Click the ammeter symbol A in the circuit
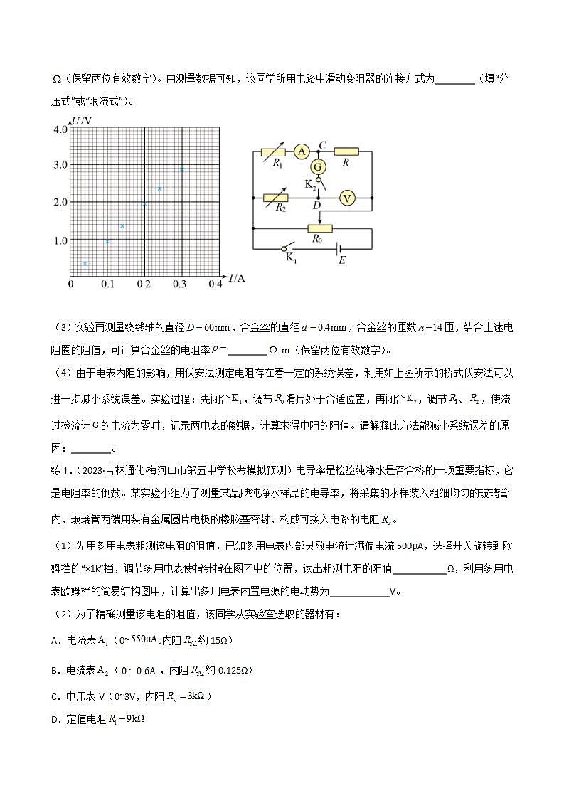tap(302, 151)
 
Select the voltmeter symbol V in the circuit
tap(346, 198)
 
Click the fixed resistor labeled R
tap(346, 151)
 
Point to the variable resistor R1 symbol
tap(273, 151)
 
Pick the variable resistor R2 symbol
tap(275, 198)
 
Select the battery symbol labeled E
tap(341, 249)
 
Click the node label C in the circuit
tap(322, 145)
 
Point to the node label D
tap(317, 206)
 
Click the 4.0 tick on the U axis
tap(60, 129)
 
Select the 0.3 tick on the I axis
tap(179, 284)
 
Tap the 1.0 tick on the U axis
tap(60, 240)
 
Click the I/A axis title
tap(238, 278)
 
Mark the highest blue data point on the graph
tap(181, 169)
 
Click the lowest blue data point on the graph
tap(85, 264)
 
